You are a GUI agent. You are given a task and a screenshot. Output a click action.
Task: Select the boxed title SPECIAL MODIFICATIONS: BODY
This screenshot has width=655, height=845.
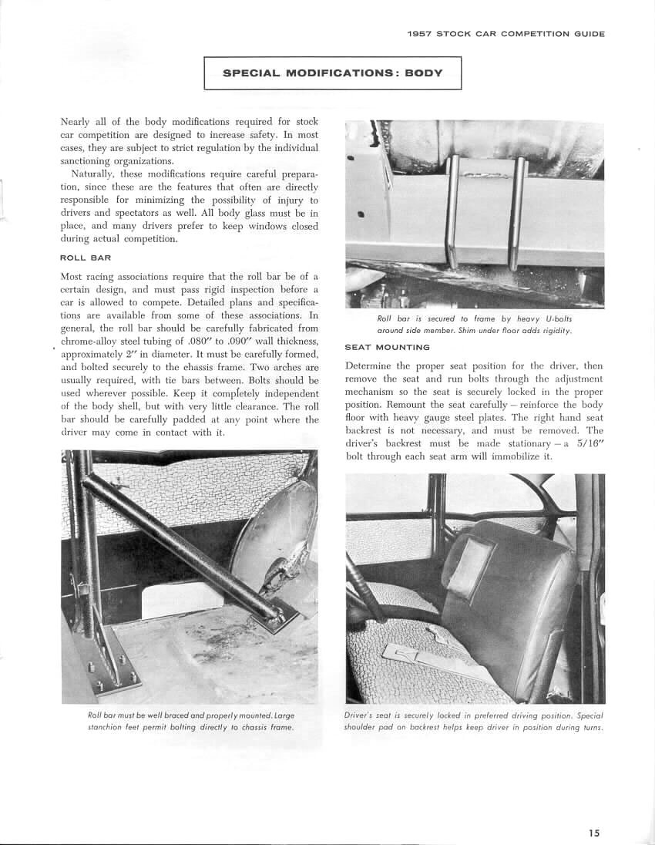pyautogui.click(x=332, y=73)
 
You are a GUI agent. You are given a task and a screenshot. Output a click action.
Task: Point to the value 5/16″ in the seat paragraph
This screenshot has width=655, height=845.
pyautogui.click(x=589, y=456)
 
